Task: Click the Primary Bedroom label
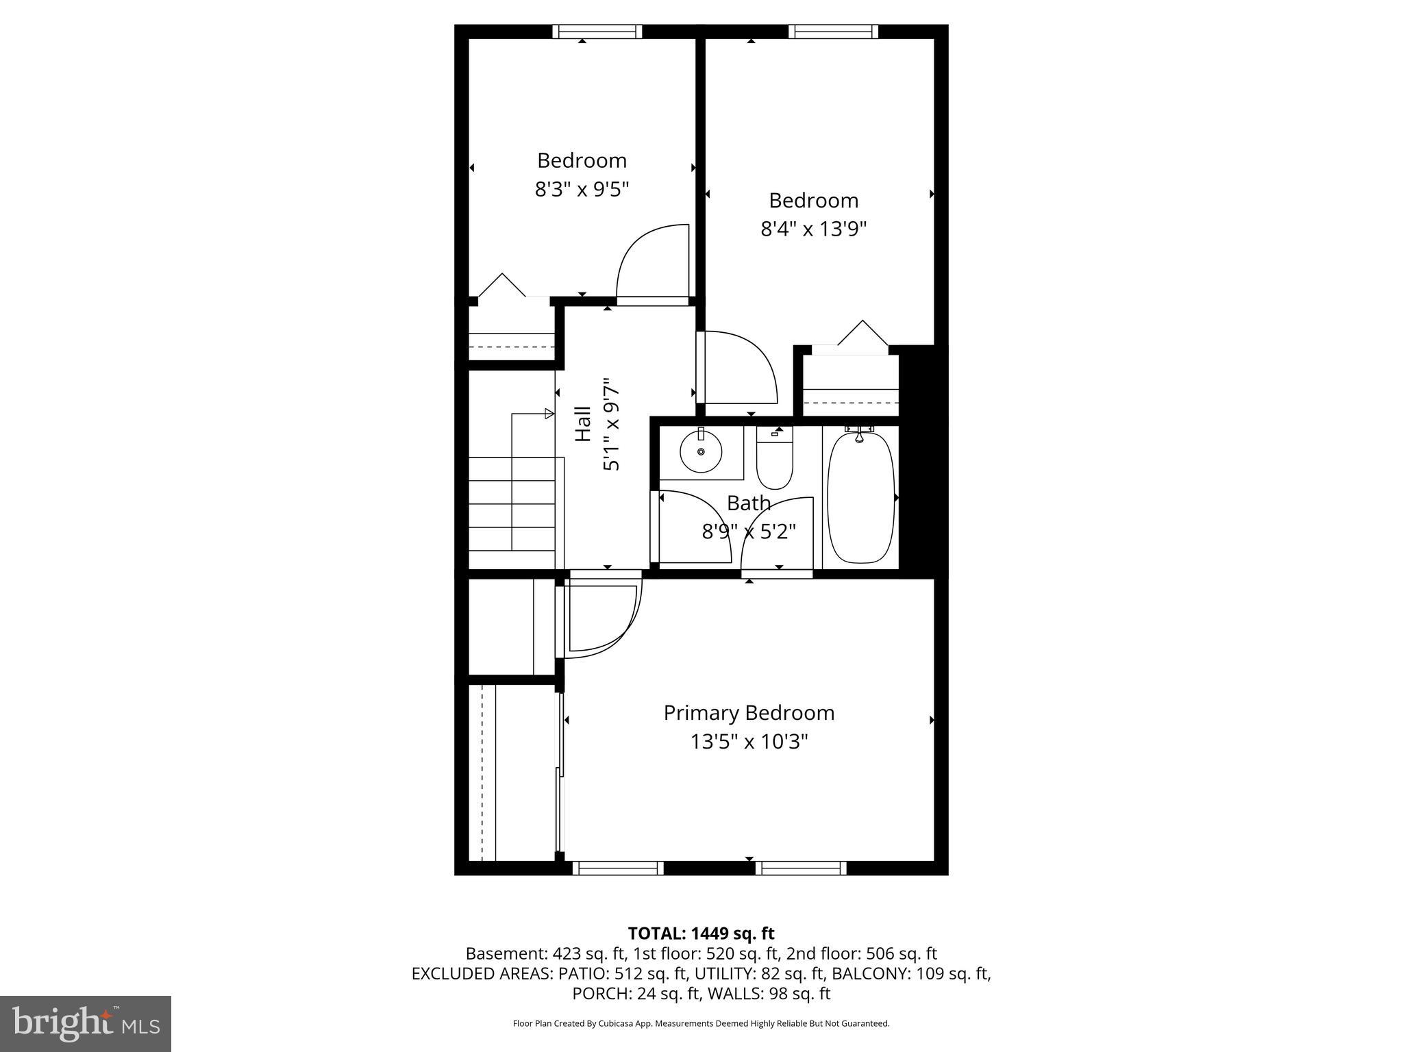(749, 713)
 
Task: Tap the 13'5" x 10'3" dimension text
(749, 742)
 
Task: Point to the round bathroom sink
(701, 452)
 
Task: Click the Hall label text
(582, 424)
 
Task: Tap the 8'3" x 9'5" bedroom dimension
(582, 188)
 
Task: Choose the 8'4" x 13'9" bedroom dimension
(813, 229)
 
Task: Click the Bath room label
(748, 503)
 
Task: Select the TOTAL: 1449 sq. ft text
(701, 933)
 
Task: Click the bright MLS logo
(86, 1023)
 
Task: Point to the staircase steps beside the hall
(512, 503)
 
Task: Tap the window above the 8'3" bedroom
(597, 32)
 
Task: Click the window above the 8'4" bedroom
(833, 32)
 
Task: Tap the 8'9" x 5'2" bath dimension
(748, 531)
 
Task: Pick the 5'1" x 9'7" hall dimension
(611, 427)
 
